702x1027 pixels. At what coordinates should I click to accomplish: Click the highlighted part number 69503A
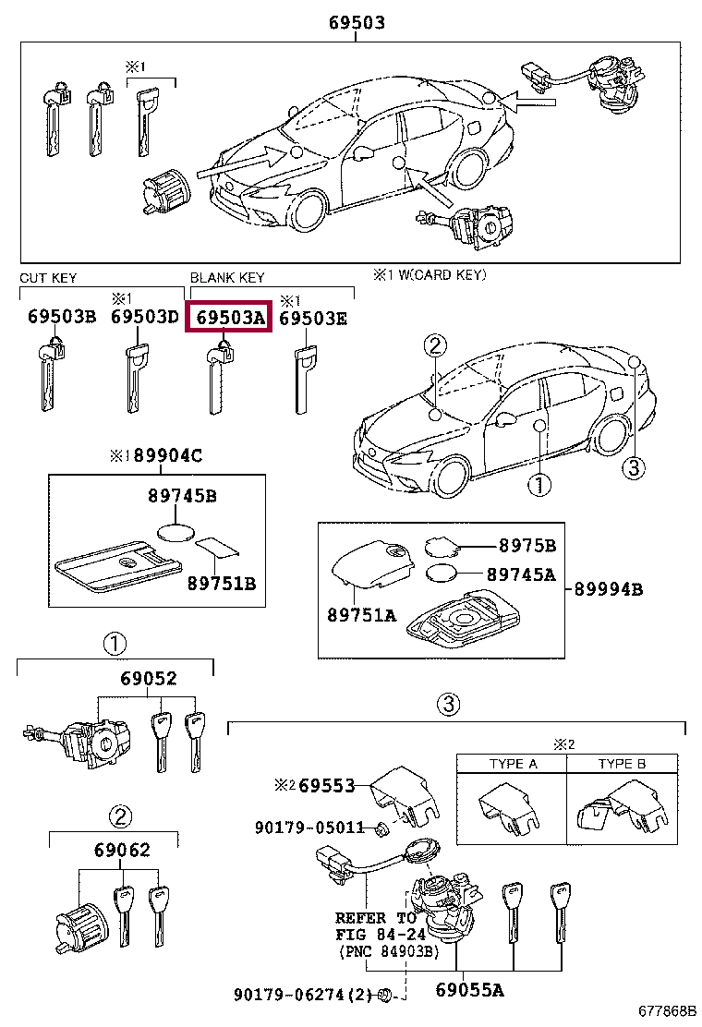228,318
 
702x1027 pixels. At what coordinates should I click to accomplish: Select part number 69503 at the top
357,23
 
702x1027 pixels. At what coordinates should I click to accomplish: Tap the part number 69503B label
61,318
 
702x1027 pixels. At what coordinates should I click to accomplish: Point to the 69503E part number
313,318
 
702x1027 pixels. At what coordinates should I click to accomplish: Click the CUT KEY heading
48,277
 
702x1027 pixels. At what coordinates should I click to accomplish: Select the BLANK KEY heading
227,277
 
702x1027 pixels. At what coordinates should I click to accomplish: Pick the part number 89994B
608,588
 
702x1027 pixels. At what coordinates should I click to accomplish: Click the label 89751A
360,614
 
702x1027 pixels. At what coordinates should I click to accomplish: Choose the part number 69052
148,679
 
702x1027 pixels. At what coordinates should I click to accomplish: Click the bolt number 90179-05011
309,828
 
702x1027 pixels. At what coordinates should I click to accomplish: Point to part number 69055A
469,991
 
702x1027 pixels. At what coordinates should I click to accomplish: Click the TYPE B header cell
623,764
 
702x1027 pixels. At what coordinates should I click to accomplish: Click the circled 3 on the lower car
632,468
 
